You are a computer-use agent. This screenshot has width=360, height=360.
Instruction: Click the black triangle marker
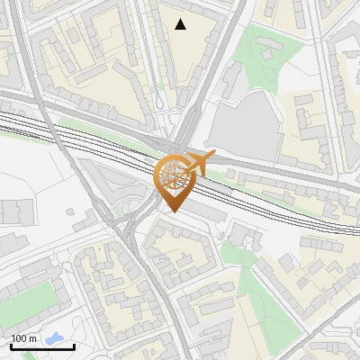tap(181, 24)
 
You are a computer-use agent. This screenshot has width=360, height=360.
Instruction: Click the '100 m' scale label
tap(24, 338)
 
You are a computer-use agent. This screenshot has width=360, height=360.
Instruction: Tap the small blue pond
tap(57, 340)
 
